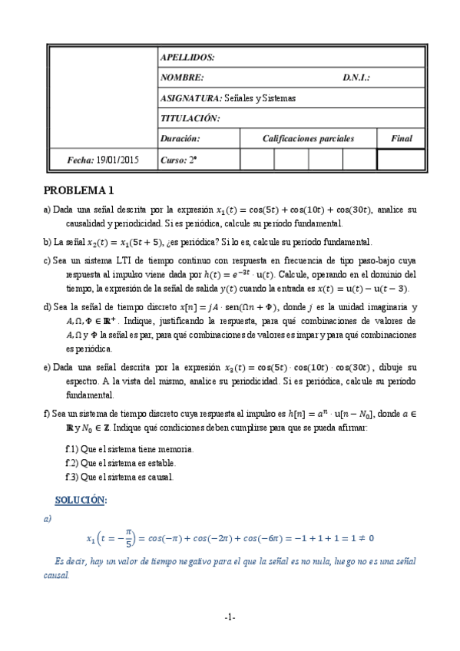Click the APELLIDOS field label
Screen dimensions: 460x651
[187, 58]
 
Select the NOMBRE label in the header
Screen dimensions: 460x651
[182, 78]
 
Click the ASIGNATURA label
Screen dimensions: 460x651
[190, 98]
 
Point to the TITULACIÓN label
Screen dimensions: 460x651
[190, 118]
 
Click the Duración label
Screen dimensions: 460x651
[180, 139]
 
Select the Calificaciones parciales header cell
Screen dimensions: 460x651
[308, 139]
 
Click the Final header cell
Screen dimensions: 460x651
[401, 139]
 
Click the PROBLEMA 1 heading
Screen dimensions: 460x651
[79, 190]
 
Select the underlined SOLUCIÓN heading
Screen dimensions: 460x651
[81, 500]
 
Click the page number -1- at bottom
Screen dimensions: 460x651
[230, 617]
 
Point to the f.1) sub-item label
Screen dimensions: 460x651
[74, 449]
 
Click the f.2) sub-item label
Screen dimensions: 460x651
[74, 463]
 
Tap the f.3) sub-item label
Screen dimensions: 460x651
[74, 477]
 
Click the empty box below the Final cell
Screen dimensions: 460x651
[401, 160]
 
